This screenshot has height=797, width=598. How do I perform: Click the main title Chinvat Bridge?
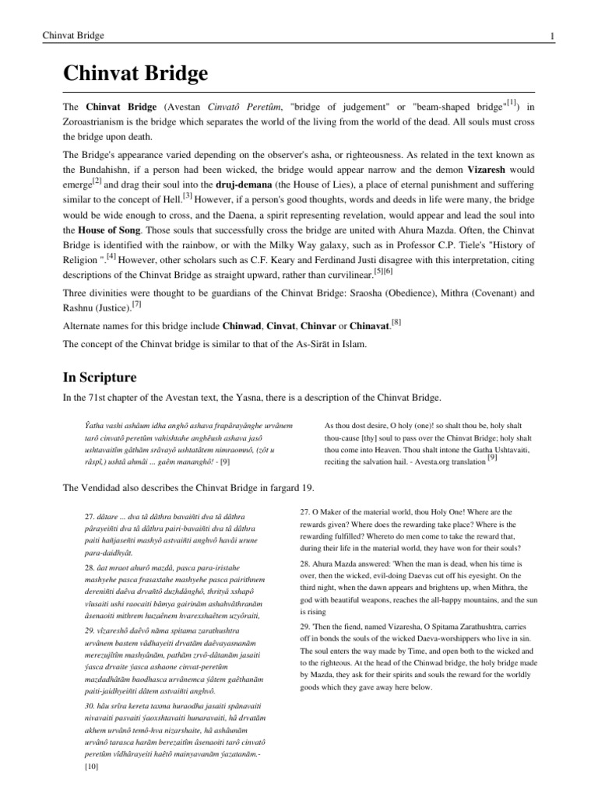tap(135, 75)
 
